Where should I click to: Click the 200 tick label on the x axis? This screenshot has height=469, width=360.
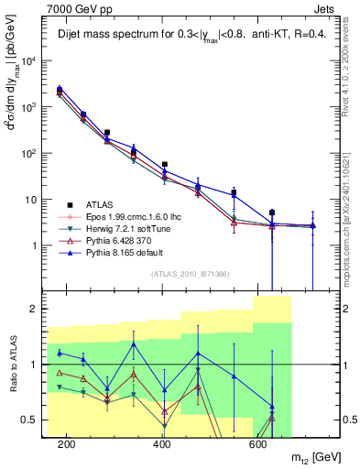tap(67, 444)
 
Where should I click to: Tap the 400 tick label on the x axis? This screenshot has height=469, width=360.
tap(162, 444)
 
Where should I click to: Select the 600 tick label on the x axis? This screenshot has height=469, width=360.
tap(257, 444)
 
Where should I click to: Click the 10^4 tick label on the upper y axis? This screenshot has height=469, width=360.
tap(29, 61)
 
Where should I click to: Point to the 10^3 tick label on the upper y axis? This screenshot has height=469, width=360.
tap(29, 107)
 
